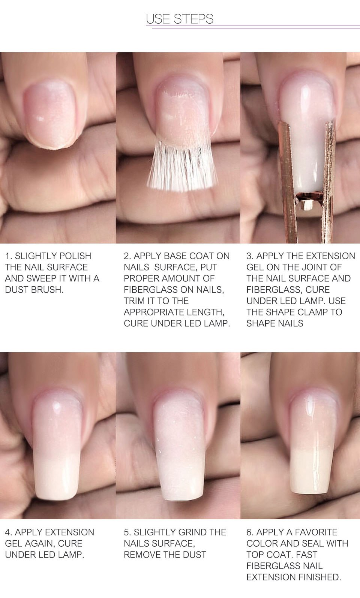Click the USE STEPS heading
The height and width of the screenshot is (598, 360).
(x=180, y=19)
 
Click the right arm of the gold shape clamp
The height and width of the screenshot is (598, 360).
(x=328, y=181)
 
